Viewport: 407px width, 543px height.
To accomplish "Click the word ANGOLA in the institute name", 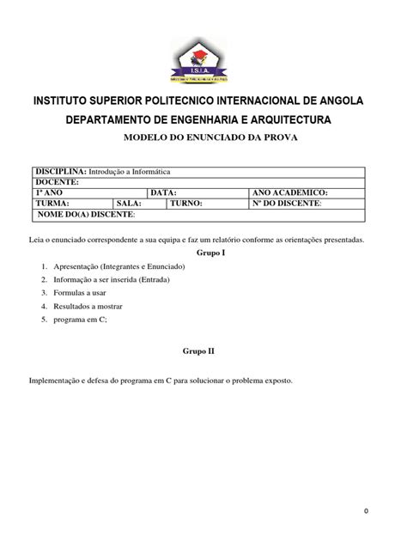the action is (337, 101).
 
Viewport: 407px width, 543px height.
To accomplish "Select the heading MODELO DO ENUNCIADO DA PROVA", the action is (203, 137).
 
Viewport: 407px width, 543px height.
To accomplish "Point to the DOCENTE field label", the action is (57, 182).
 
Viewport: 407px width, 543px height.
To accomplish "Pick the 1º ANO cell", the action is (48, 193).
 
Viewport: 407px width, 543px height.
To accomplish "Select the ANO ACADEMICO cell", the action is (290, 193).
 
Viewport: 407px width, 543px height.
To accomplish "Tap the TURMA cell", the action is (53, 204).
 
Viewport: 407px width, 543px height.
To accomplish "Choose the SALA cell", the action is (128, 204).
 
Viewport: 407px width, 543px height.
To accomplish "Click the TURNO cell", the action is (185, 204).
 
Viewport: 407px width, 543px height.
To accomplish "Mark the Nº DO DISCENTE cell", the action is (287, 204).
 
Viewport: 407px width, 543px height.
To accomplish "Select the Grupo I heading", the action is (210, 253).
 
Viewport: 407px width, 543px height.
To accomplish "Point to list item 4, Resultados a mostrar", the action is (88, 306).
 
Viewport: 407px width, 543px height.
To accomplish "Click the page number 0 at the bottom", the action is (365, 512).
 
